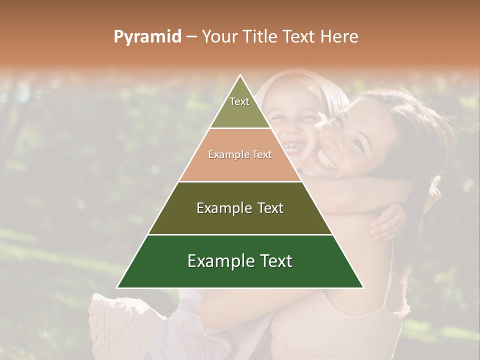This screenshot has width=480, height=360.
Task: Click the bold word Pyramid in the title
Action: click(x=147, y=37)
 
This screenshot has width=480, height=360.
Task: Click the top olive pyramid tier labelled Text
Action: click(x=239, y=107)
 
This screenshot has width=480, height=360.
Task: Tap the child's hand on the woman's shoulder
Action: click(x=387, y=222)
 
